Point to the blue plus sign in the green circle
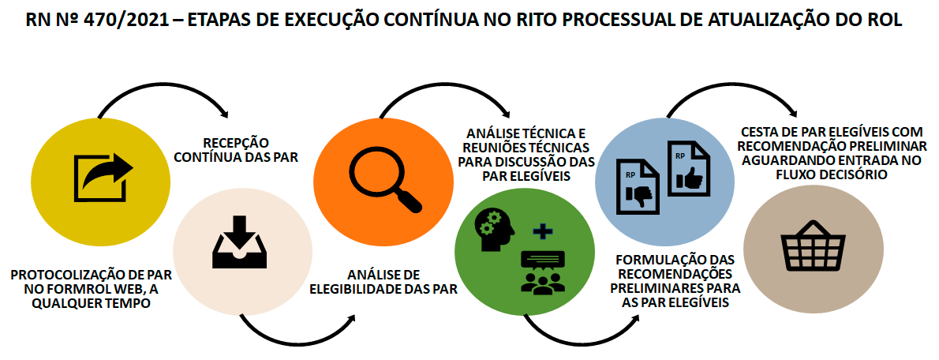pyautogui.click(x=543, y=231)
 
